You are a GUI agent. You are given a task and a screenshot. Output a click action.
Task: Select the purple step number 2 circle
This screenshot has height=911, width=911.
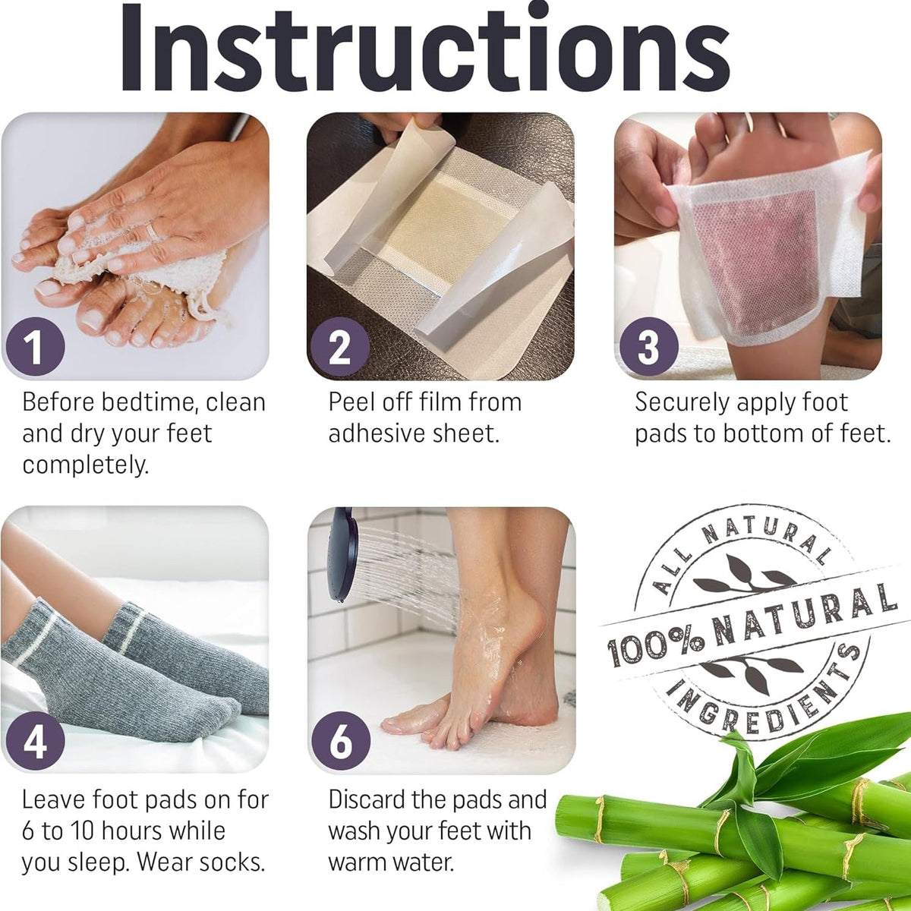pos(340,348)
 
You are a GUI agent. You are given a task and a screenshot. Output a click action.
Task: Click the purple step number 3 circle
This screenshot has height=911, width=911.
pos(647,348)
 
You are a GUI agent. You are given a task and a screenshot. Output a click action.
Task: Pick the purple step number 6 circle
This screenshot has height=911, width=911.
pos(340,741)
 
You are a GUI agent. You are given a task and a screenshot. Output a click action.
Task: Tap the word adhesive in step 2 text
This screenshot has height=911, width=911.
pos(376,433)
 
